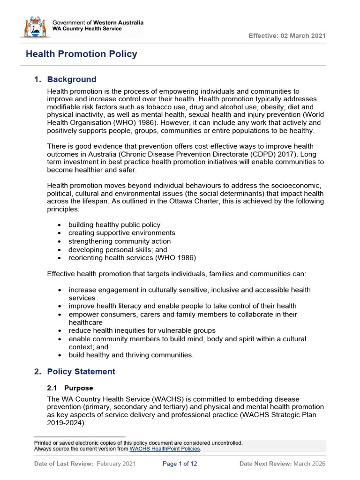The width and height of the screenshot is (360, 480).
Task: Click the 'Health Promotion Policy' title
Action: click(x=81, y=54)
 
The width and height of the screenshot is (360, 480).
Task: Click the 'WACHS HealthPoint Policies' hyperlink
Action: click(x=165, y=449)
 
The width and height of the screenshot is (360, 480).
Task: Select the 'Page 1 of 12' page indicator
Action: click(x=180, y=464)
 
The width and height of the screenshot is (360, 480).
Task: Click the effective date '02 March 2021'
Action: click(x=303, y=36)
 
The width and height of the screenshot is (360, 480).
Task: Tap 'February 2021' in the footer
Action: click(x=116, y=464)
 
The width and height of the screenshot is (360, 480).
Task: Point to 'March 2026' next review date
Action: click(x=309, y=464)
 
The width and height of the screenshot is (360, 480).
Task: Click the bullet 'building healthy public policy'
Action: click(x=114, y=225)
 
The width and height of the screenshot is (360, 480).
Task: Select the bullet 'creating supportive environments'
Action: click(x=122, y=233)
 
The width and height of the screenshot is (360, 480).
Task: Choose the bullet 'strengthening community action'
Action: click(x=120, y=241)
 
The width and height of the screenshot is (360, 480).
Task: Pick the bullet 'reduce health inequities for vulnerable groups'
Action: click(x=142, y=330)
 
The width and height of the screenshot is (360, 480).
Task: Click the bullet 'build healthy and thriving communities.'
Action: click(x=131, y=355)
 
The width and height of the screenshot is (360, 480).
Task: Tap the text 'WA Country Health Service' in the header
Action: click(x=87, y=29)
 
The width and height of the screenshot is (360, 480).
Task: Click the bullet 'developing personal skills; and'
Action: click(x=118, y=250)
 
